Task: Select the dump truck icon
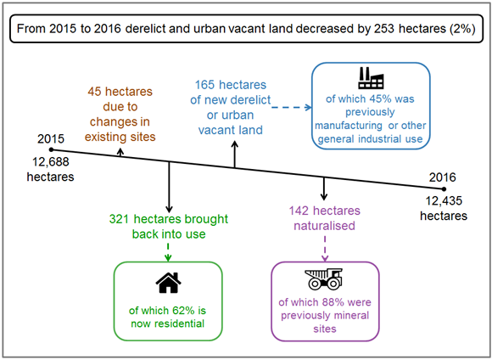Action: tap(325, 278)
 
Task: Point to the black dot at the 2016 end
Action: tap(443, 189)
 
